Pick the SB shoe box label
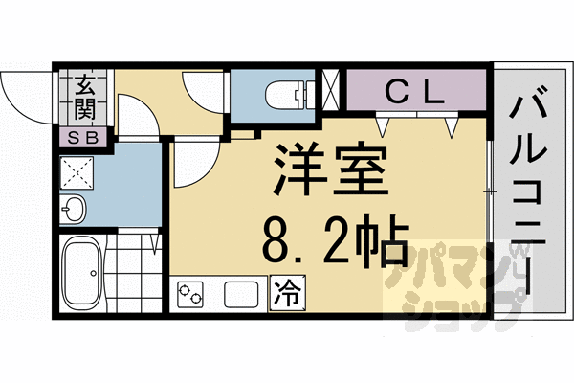[84, 137]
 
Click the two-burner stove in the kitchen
[190, 293]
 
